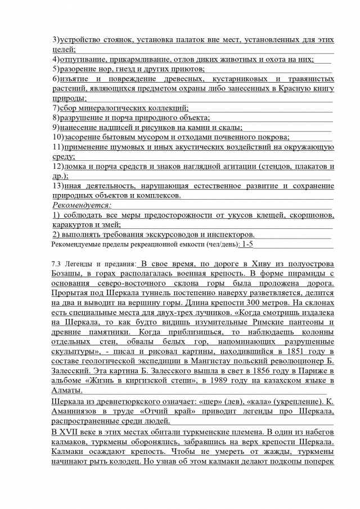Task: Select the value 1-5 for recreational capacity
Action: [247, 245]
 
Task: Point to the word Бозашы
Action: [65, 274]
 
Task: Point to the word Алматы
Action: [66, 391]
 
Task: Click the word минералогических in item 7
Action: [117, 107]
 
